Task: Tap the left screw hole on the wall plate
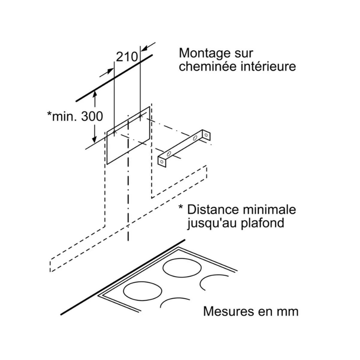click(x=114, y=132)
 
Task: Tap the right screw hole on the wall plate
click(x=140, y=116)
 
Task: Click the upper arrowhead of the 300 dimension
click(x=95, y=94)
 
